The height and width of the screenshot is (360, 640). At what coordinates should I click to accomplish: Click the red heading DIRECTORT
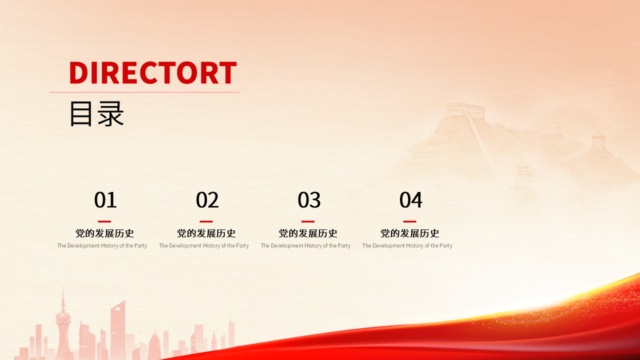pos(152,72)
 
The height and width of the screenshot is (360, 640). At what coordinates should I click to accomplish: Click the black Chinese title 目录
pos(96,114)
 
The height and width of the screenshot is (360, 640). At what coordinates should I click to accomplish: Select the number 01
pos(105,200)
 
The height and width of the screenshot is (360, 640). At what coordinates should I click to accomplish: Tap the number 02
pos(207,200)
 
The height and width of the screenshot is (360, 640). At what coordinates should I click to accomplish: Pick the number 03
pos(308,200)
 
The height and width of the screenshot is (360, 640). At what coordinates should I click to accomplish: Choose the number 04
pos(410,200)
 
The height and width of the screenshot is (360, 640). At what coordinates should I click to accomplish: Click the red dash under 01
pos(104,221)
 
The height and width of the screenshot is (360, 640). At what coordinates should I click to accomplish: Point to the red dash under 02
pos(206,221)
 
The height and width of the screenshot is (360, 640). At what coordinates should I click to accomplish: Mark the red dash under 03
pos(308,221)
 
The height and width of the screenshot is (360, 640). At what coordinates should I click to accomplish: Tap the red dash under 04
pos(409,221)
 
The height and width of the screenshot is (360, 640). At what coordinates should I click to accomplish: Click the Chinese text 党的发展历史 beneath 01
pos(104,233)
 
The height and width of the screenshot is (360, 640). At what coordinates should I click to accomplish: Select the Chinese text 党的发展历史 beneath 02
pos(206,233)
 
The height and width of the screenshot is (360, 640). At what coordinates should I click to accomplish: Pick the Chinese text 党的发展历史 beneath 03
pos(308,233)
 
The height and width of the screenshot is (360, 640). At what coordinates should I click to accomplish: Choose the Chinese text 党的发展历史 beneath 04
pos(409,233)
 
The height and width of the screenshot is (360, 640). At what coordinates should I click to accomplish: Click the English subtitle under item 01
pos(102,245)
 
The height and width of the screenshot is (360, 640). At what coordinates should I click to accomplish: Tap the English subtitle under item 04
pos(407,245)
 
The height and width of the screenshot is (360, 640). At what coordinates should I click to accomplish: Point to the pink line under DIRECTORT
pos(144,92)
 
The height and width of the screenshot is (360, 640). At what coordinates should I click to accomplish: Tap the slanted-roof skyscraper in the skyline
pos(118,325)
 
